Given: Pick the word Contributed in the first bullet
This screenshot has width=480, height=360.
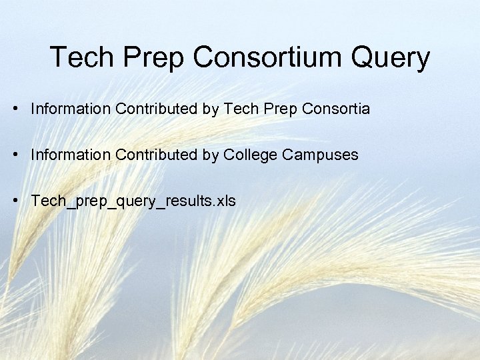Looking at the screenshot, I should click(156, 108).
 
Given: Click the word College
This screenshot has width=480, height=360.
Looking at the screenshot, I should click(250, 155).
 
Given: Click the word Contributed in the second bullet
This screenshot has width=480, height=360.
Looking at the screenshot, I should click(156, 155).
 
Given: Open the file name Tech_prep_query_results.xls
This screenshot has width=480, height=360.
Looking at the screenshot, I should click(133, 201).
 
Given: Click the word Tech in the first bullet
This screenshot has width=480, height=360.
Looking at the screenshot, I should click(241, 108).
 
